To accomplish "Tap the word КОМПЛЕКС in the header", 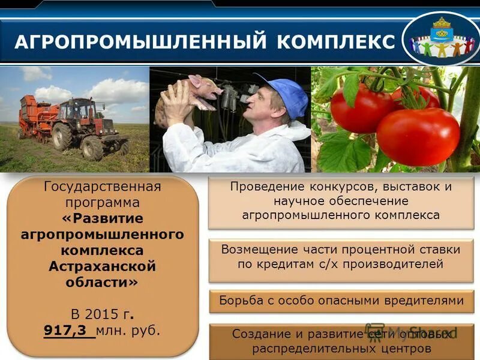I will pos(337,42).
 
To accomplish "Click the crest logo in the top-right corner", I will pos(441,38).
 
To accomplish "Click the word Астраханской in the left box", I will pos(102,265).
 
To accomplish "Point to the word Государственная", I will pos(102,186).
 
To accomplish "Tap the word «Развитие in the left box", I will pos(102,218).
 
